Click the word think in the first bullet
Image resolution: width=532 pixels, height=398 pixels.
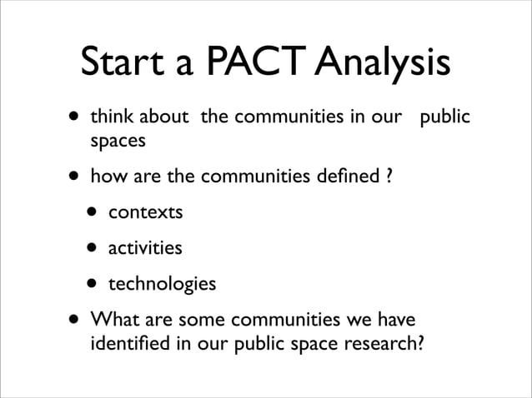111,117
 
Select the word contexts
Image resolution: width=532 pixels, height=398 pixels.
146,212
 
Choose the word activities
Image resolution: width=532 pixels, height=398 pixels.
146,248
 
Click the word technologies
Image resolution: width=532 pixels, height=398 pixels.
163,285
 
